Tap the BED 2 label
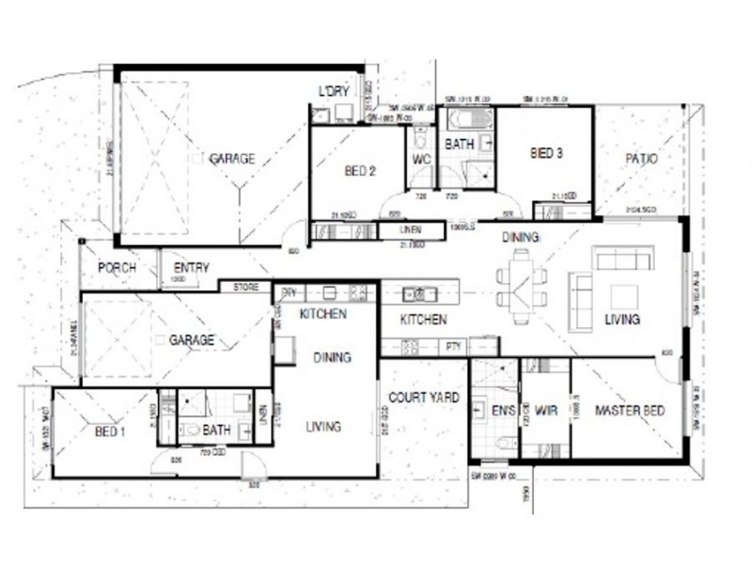[360, 171]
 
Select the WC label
[422, 159]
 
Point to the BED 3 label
[546, 152]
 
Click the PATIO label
[641, 159]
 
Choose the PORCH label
[117, 268]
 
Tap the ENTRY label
[192, 268]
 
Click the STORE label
[245, 287]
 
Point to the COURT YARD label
[424, 398]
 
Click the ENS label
[503, 411]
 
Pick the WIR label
[547, 411]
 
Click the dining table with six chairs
[520, 286]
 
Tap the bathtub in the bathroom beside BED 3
[463, 120]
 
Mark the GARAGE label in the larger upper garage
[231, 159]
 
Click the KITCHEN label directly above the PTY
[424, 321]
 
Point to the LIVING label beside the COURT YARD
[323, 427]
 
